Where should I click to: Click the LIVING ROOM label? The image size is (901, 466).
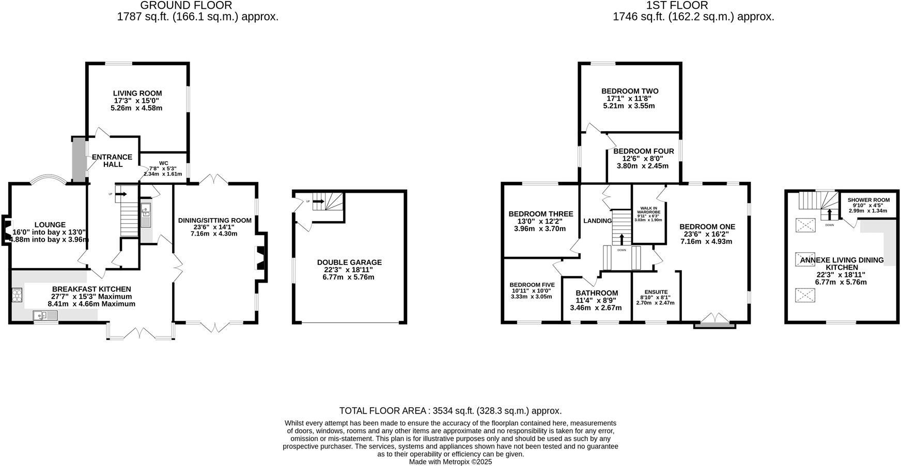[x=137, y=94]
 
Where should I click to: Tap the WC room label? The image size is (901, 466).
[x=163, y=163]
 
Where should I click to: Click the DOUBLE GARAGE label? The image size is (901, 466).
[x=349, y=262]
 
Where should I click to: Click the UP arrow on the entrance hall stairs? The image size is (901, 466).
[x=120, y=194]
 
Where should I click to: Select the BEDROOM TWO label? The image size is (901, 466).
[x=629, y=91]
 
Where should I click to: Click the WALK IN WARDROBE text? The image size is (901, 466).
[x=648, y=209]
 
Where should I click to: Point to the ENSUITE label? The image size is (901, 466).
[x=656, y=292]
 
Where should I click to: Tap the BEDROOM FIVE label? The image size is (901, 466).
[x=532, y=285]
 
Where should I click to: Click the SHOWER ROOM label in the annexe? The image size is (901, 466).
[x=868, y=200]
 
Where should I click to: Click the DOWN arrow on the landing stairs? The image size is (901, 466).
[x=622, y=239]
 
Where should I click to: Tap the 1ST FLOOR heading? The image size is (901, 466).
[x=677, y=6]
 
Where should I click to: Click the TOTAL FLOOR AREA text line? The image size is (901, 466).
[x=450, y=411]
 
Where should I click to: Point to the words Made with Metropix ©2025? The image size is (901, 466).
[x=450, y=462]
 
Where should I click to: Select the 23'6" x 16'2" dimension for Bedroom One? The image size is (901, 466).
[x=706, y=234]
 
